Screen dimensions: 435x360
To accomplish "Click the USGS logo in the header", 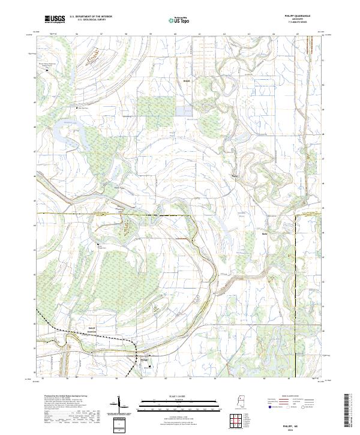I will (54, 19).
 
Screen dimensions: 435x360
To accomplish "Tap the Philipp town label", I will (143, 360).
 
